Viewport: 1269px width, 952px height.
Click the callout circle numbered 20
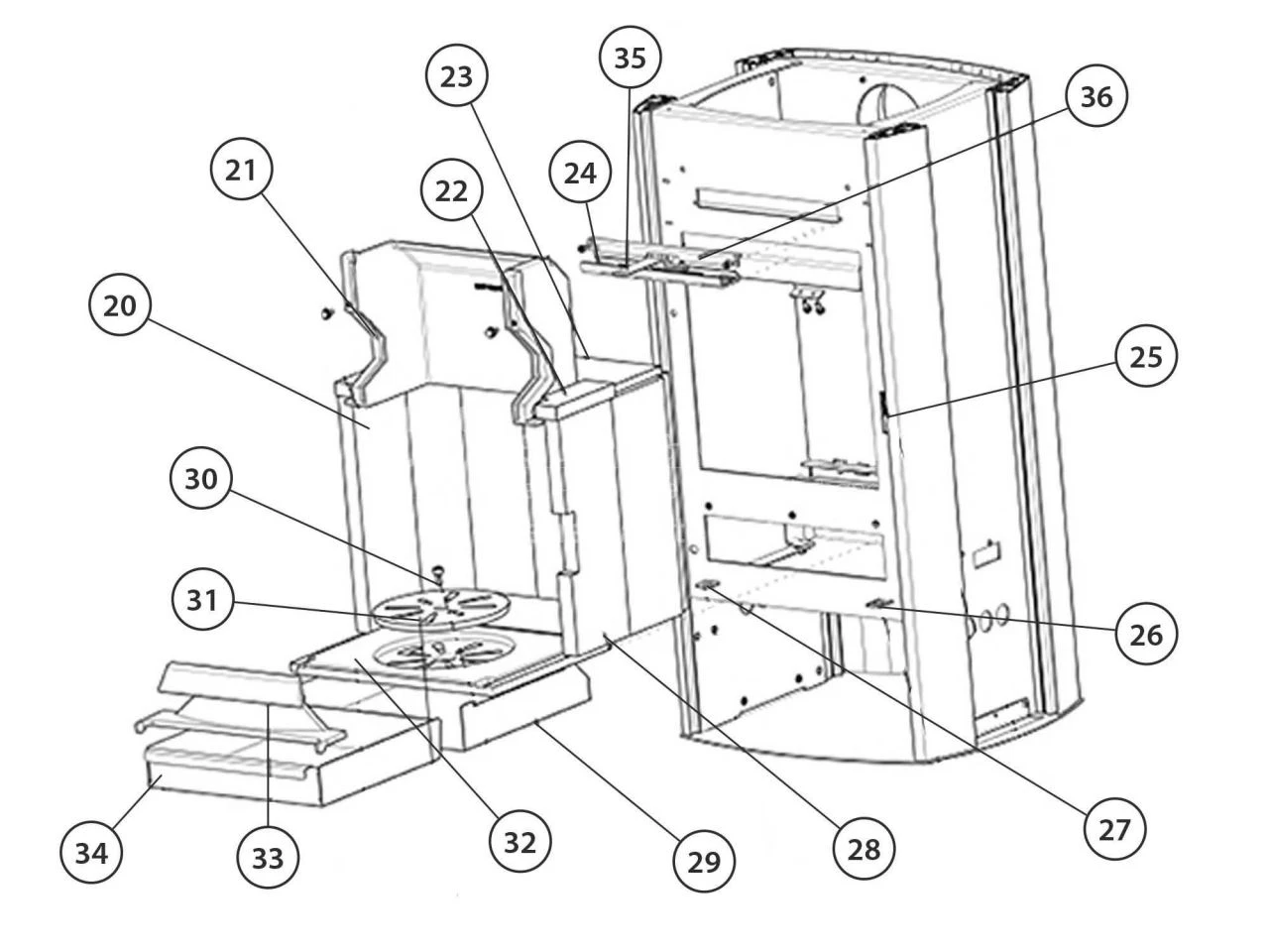[x=120, y=306]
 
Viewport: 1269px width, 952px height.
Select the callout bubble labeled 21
[x=241, y=170]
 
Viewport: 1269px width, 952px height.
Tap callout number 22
[x=451, y=191]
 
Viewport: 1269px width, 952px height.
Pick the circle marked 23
[x=457, y=77]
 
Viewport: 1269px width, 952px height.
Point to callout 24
[x=580, y=173]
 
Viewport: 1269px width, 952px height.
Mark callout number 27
[x=1114, y=829]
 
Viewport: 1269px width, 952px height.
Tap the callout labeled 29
[x=704, y=861]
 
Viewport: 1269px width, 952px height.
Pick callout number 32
[x=519, y=841]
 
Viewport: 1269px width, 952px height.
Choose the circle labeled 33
[x=268, y=859]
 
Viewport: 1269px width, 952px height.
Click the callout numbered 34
[x=91, y=852]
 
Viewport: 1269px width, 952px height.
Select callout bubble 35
[x=630, y=58]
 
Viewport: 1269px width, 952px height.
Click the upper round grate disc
[x=437, y=607]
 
